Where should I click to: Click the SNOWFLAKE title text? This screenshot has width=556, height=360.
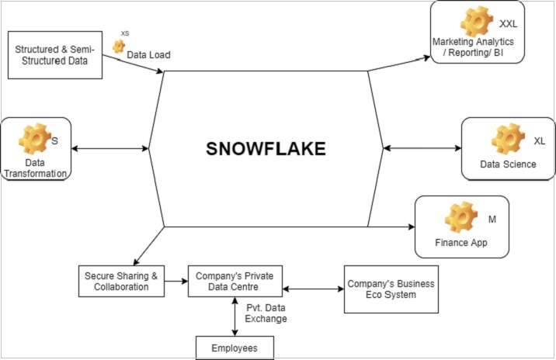[266, 149]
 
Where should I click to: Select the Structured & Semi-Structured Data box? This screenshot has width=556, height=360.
[55, 55]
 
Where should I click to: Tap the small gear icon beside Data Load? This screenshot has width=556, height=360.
[119, 47]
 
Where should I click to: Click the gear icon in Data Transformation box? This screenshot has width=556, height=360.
[33, 139]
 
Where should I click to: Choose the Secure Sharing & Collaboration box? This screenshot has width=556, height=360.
[123, 280]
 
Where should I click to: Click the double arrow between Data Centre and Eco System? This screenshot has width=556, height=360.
[313, 289]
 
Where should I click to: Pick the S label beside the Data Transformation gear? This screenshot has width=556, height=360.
[55, 140]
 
